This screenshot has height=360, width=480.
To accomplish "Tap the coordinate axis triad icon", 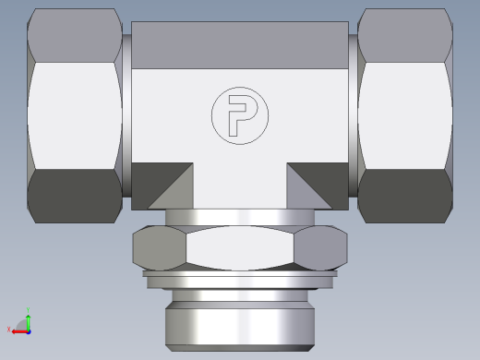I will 24,323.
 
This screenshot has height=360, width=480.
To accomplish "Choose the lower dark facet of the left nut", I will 76,195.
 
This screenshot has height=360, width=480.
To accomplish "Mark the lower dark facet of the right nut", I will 404,195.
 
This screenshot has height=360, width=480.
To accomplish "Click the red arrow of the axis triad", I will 16,330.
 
